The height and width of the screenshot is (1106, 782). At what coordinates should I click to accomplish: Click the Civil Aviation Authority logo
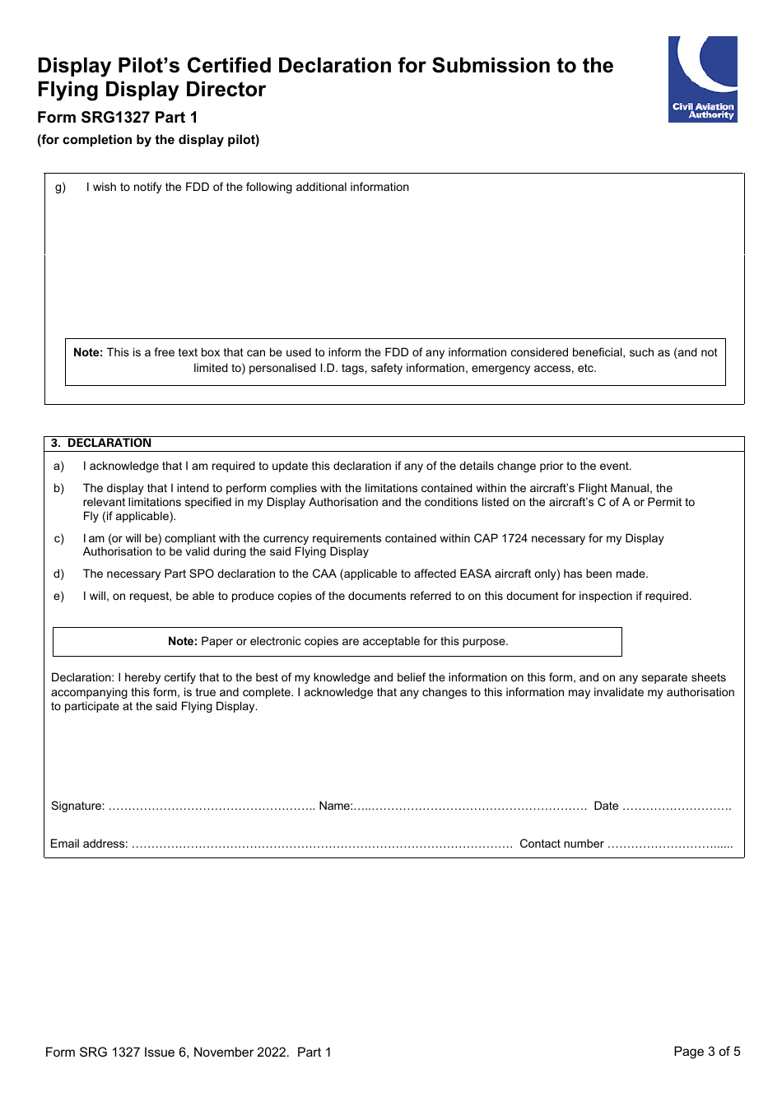702,79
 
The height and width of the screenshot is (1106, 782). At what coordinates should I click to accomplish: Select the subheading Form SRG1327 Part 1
118,117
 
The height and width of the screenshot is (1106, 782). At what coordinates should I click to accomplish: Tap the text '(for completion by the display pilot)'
148,140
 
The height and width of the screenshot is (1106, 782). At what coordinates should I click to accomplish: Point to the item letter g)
60,187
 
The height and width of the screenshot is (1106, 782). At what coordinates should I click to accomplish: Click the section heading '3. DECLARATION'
101,443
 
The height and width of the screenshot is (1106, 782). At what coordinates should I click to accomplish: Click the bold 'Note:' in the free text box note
88,352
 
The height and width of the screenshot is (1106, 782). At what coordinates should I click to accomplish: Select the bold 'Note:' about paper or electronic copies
183,641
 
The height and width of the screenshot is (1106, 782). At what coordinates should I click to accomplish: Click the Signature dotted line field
212,806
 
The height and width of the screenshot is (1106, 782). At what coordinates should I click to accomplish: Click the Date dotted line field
677,806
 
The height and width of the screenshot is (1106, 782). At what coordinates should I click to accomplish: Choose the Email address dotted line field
322,844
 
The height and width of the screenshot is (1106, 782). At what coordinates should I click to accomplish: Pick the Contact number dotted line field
669,844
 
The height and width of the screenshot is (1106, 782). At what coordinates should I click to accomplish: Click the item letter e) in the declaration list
58,596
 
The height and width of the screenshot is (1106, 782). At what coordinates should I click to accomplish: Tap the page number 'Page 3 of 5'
706,1051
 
